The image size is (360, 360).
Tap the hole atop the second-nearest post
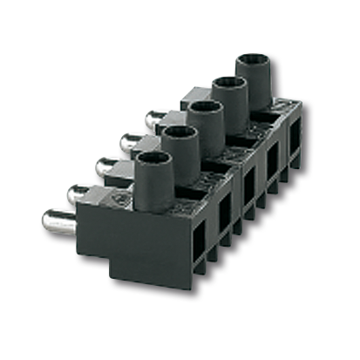(178, 132)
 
